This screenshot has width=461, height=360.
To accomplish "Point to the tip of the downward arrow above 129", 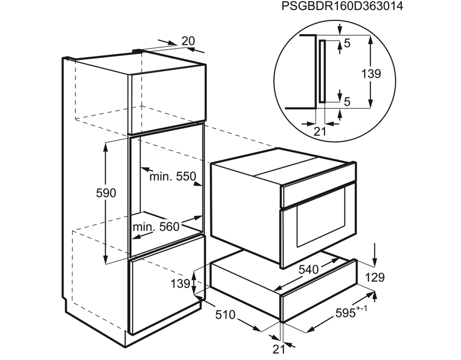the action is (375, 266).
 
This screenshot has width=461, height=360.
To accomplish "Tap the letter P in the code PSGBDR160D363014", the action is (285, 6).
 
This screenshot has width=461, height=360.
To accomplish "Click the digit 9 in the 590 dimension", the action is (106, 193).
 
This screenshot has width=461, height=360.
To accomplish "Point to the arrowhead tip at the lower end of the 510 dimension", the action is (261, 331).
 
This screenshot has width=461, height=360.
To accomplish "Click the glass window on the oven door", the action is (321, 225).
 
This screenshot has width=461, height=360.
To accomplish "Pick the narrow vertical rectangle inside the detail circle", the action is (322, 71).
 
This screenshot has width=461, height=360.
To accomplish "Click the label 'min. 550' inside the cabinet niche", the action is (173, 176).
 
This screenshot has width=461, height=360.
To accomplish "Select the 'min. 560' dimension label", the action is (156, 227).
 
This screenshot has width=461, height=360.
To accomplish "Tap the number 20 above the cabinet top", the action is (188, 41).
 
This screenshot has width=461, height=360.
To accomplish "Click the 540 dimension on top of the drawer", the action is (308, 269).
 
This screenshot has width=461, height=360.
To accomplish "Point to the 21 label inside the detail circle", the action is (320, 131).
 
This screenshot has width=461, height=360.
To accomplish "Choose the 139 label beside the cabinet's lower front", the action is (180, 283).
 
